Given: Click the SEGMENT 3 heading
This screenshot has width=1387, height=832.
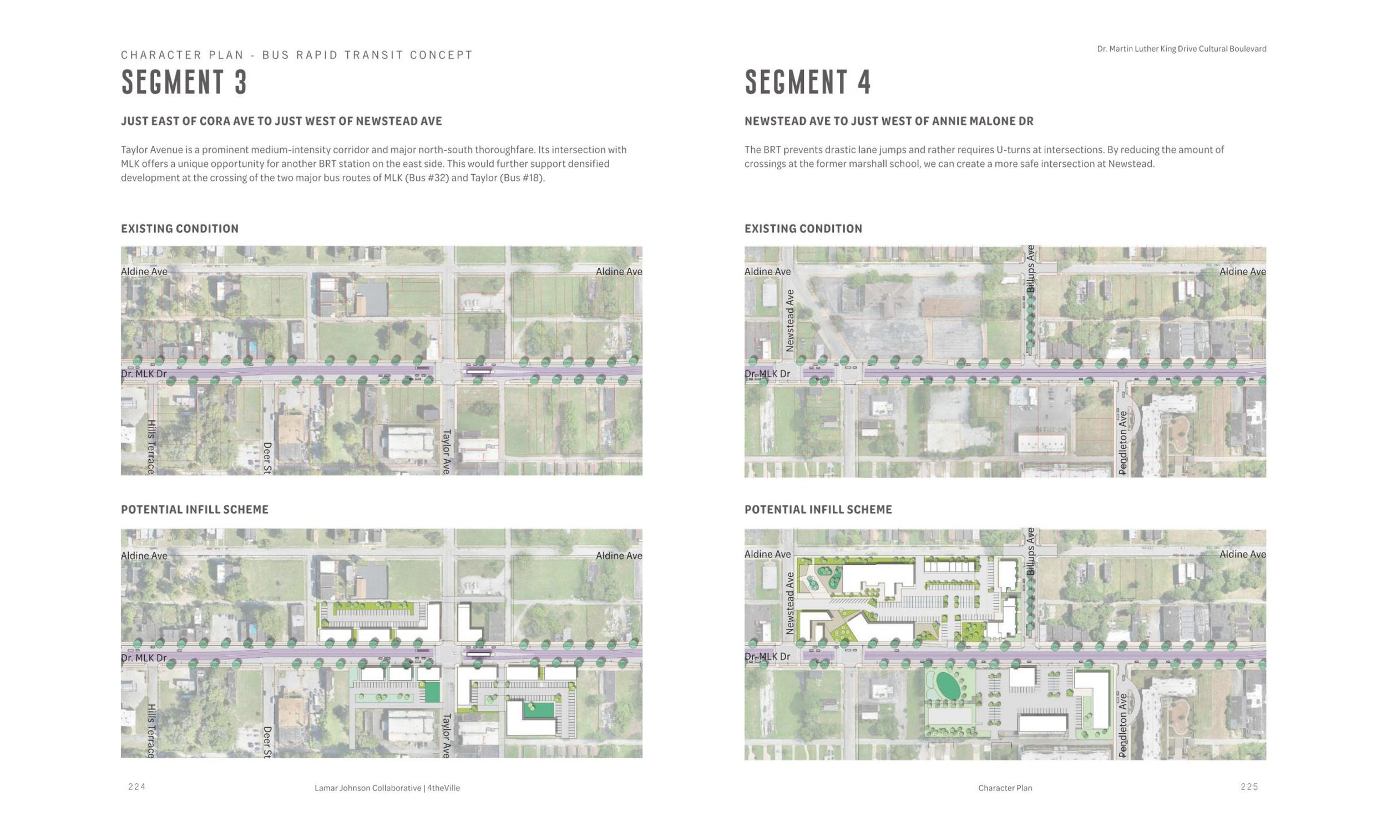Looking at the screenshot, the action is (184, 82).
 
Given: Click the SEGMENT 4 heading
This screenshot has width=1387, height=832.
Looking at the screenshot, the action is (808, 82).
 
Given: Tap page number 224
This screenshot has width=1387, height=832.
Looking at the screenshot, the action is (137, 787).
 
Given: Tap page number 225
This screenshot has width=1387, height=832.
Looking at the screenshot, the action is (1249, 787).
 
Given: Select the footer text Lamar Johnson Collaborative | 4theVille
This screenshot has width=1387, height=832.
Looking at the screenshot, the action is (387, 788).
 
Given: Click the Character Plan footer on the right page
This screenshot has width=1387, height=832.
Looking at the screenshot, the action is (1005, 788).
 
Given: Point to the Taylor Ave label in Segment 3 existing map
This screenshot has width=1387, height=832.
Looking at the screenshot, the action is (447, 452).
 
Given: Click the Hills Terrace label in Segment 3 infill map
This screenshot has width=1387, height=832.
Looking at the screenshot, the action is (151, 731).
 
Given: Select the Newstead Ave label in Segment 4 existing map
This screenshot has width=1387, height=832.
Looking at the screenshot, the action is (790, 321).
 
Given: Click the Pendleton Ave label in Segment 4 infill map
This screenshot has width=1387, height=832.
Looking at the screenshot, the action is (1122, 726).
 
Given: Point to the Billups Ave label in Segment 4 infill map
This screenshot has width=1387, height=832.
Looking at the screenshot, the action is (1030, 552).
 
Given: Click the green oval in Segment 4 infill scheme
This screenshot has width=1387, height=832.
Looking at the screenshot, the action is (947, 686).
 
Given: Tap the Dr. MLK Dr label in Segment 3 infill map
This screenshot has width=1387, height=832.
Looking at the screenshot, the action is (144, 658).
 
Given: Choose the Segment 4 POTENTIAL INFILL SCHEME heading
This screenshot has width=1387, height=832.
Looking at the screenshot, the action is (818, 510).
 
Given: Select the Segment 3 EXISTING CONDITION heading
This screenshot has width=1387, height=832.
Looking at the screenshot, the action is (179, 229).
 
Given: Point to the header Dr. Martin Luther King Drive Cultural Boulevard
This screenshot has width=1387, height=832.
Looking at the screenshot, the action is (1181, 49).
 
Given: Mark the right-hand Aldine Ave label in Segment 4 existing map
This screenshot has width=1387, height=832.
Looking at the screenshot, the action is (1242, 271).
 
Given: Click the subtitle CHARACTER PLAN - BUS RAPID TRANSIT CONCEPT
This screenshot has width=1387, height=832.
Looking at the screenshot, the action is (297, 55).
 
